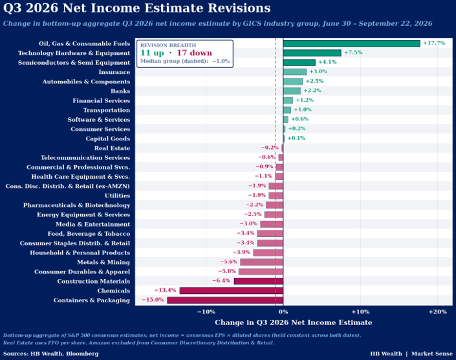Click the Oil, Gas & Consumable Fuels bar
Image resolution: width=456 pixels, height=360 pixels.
pyautogui.click(x=352, y=43)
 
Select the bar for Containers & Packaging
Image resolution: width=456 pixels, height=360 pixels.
pyautogui.click(x=225, y=300)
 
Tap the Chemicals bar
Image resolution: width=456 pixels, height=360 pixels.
pyautogui.click(x=231, y=291)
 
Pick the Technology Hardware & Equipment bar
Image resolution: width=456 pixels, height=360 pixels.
pyautogui.click(x=312, y=53)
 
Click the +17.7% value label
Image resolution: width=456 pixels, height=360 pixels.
pyautogui.click(x=434, y=43)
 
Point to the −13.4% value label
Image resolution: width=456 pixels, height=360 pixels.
pyautogui.click(x=165, y=290)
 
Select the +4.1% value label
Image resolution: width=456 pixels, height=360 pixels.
pyautogui.click(x=327, y=62)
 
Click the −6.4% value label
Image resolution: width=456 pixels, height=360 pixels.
pyautogui.click(x=221, y=280)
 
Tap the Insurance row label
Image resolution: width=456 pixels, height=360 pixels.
pyautogui.click(x=114, y=72)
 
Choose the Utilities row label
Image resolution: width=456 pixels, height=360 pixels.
pyautogui.click(x=118, y=196)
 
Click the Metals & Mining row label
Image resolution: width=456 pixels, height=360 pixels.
pyautogui.click(x=103, y=262)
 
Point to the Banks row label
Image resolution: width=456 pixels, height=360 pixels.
pyautogui.click(x=120, y=91)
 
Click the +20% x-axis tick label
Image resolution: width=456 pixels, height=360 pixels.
pyautogui.click(x=438, y=312)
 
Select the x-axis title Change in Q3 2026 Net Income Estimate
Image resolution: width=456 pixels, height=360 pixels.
pyautogui.click(x=294, y=322)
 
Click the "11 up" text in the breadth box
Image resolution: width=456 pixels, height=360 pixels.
pyautogui.click(x=152, y=53)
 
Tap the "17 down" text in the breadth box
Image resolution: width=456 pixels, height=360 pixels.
pyautogui.click(x=195, y=53)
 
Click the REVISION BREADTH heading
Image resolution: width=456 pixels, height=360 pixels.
pyautogui.click(x=168, y=45)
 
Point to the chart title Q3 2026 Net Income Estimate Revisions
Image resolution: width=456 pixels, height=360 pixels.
pyautogui.click(x=137, y=8)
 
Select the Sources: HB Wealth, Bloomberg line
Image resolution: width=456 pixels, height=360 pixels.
pyautogui.click(x=51, y=354)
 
